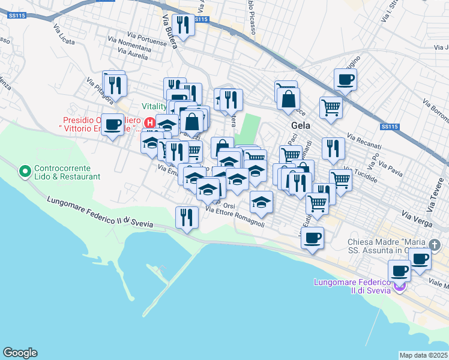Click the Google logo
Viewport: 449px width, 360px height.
(20, 353)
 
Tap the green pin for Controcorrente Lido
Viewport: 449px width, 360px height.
(25, 172)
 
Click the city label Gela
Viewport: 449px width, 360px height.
(301, 125)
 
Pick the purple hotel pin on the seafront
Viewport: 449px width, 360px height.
(397, 287)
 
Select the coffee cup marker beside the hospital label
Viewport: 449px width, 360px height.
(112, 124)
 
